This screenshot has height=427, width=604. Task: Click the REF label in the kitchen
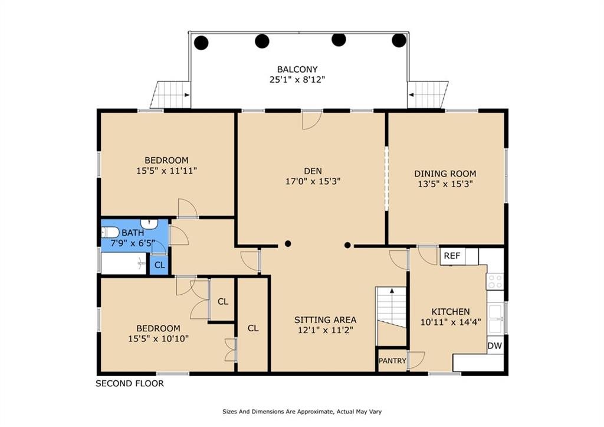(x=452, y=256)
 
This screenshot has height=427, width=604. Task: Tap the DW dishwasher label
(x=495, y=345)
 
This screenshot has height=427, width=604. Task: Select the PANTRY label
(x=392, y=361)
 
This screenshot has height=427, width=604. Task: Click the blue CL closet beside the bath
(x=159, y=265)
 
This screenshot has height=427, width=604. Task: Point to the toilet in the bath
(x=110, y=232)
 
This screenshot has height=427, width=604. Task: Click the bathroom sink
(x=149, y=224)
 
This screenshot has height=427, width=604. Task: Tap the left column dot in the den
(x=288, y=243)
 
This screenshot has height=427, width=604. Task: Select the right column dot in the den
(x=347, y=245)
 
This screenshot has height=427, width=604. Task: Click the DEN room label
(x=313, y=171)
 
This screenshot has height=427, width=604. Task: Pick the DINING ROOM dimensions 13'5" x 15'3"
(x=445, y=184)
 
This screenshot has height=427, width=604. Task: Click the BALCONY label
(x=297, y=70)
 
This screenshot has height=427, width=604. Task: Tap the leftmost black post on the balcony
(x=201, y=43)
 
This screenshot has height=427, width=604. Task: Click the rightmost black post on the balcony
(x=399, y=40)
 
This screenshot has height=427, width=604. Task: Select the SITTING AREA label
(x=325, y=320)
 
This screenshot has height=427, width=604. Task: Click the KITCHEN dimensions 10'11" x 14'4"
(x=450, y=322)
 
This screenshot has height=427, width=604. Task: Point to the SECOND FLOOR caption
(x=129, y=383)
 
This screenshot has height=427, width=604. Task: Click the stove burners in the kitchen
(x=495, y=281)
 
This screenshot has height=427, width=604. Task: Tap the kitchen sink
(x=495, y=318)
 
